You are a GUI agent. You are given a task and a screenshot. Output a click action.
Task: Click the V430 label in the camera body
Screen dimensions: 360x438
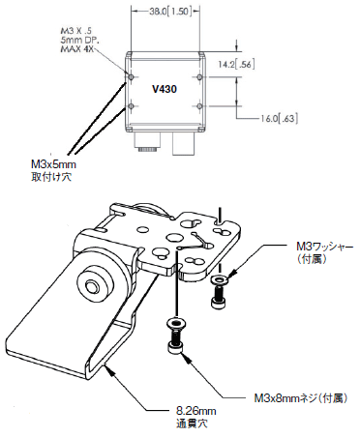pos(165,89)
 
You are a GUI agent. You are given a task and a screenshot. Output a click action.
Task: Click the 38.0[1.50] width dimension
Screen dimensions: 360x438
pos(170,12)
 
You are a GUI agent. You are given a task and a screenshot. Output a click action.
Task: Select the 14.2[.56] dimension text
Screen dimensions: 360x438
pos(236,65)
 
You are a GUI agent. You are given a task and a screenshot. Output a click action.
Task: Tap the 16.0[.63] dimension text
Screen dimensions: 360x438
pos(279,119)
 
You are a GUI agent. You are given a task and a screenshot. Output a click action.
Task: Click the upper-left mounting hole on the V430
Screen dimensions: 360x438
pos(132,77)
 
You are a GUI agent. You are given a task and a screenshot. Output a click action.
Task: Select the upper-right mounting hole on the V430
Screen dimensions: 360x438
pos(200,77)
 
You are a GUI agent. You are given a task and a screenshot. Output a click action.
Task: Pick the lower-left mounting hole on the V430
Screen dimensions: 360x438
pos(132,106)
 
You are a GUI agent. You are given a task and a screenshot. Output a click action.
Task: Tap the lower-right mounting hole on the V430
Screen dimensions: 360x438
pos(200,106)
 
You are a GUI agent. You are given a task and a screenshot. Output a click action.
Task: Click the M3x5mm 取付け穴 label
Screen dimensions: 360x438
pos(53,170)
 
